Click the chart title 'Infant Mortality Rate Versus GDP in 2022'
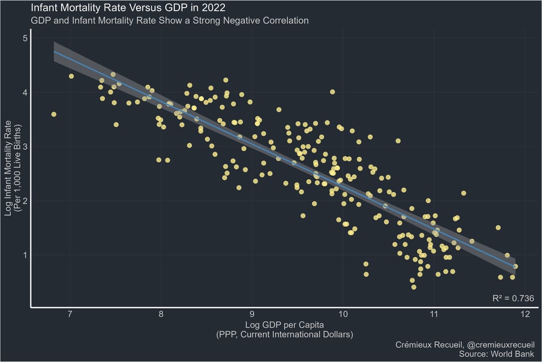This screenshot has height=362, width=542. coord(128,8)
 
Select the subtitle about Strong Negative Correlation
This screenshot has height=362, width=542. coord(170,21)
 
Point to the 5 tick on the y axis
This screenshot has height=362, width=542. coord(25,39)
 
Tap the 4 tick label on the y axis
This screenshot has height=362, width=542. coord(25,93)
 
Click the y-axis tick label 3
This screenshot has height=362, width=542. coord(25,147)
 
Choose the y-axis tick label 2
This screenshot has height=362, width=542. coord(25,201)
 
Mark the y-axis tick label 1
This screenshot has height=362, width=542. coord(25,255)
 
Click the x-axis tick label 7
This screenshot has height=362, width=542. coord(70,314)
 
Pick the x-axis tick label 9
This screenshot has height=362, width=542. coord(252,314)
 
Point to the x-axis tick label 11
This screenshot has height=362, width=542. coord(434,314)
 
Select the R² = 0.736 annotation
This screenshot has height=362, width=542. coord(513,298)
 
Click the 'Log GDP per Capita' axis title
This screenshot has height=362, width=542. coord(285,325)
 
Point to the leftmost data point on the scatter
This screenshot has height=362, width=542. coord(54,114)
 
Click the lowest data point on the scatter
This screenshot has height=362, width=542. coord(414,287)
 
